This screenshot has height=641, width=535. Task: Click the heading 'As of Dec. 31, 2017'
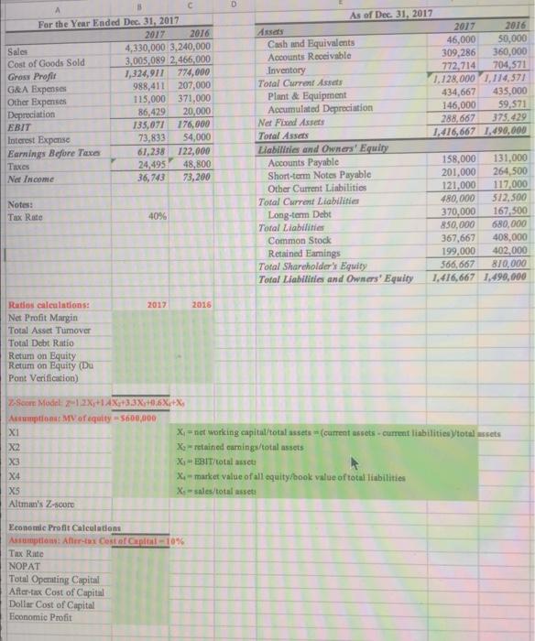pos(389,16)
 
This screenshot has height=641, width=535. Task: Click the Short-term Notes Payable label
pos(321,174)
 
